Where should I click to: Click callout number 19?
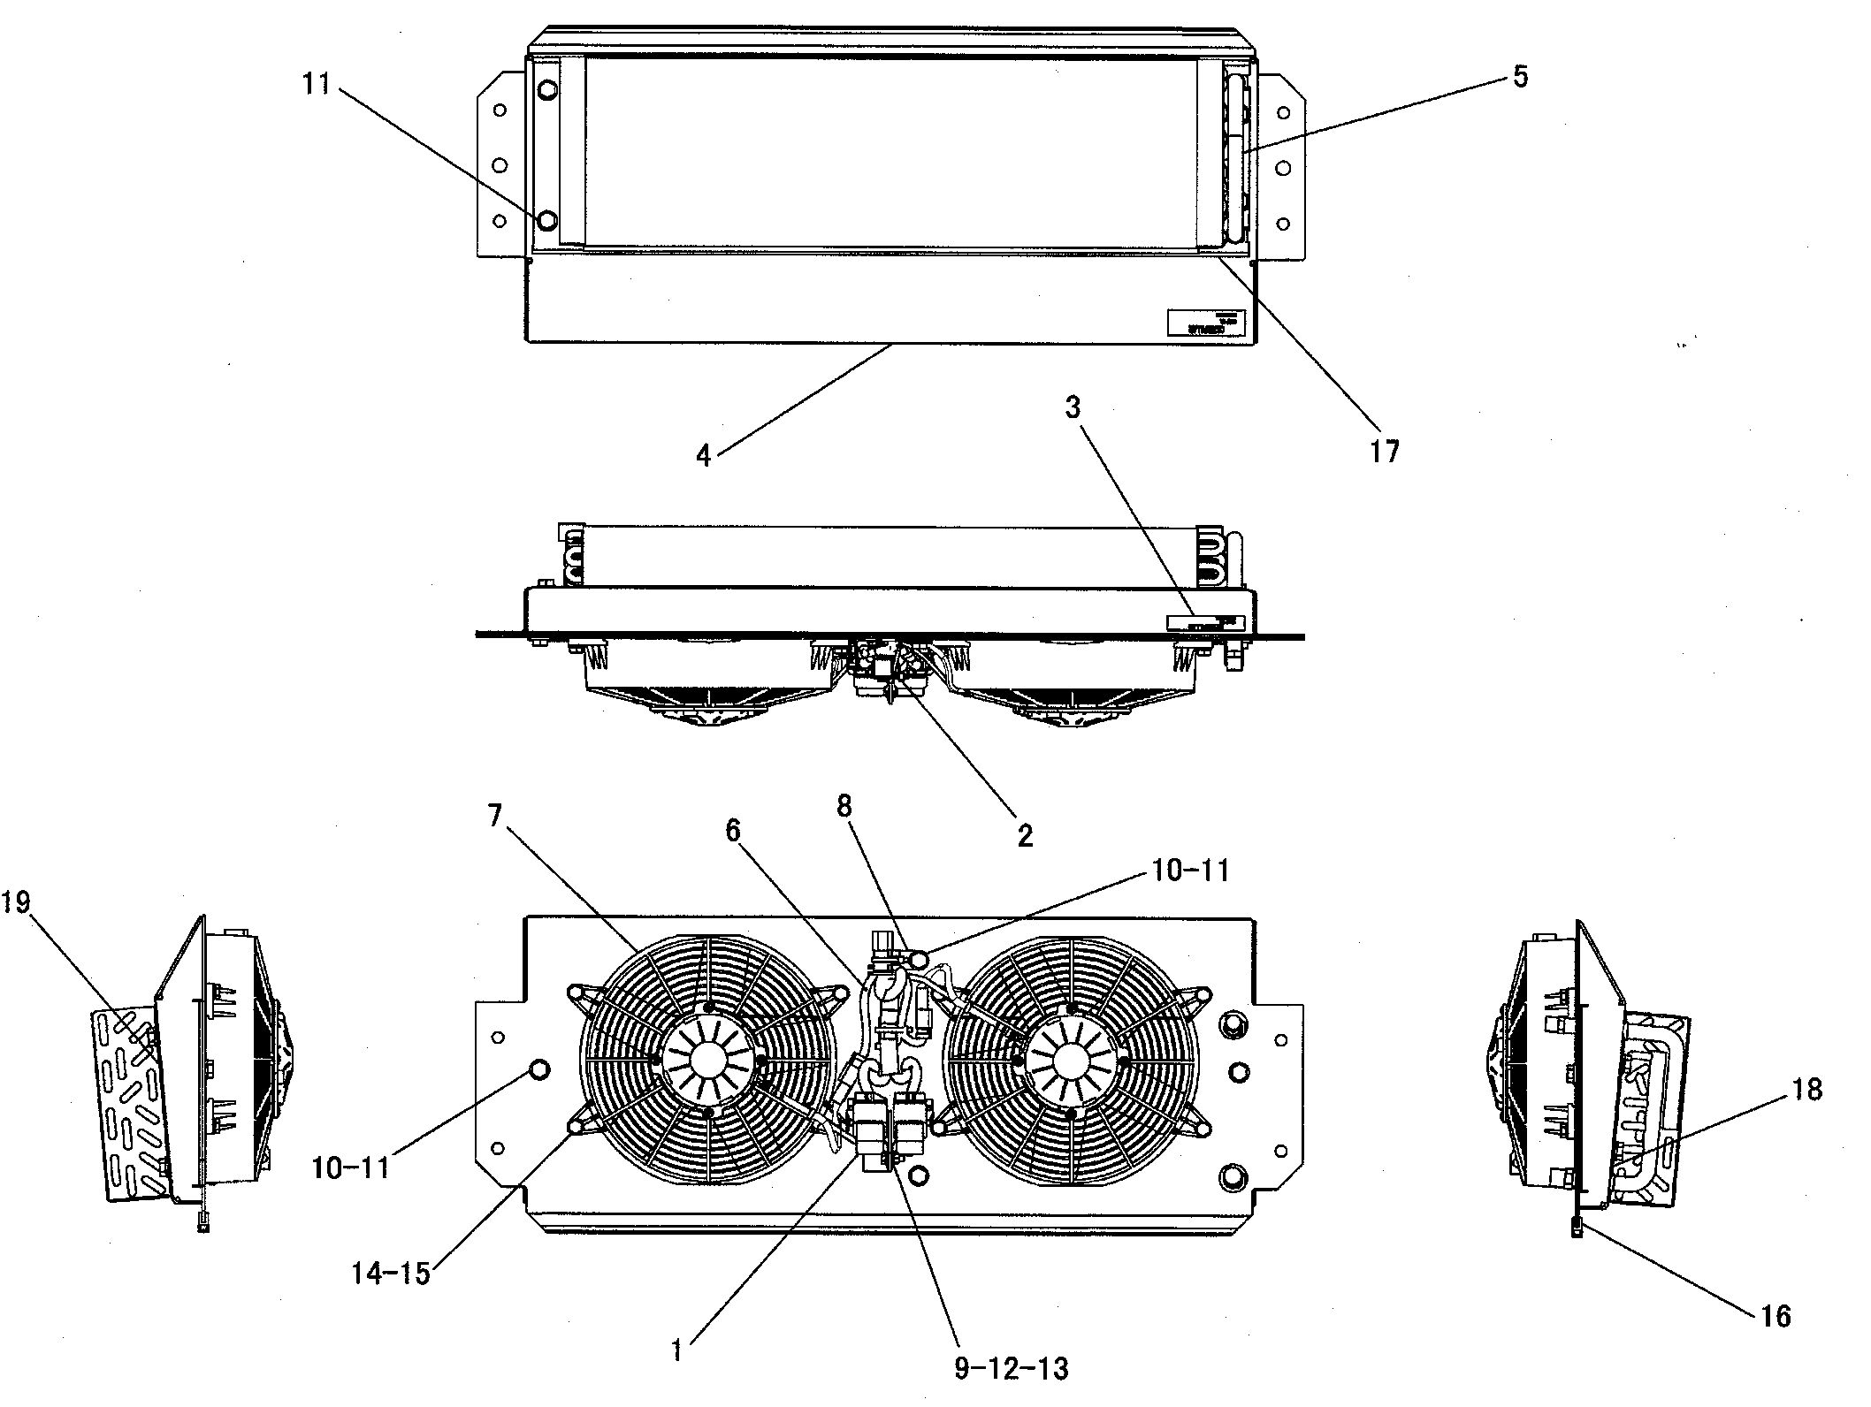[x=16, y=902]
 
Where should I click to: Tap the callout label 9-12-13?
[x=1012, y=1368]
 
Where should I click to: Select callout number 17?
[x=1385, y=452]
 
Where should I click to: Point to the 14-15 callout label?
[x=391, y=1274]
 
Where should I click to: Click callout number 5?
[x=1520, y=77]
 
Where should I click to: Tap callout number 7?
[x=494, y=816]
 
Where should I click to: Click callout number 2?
[x=1025, y=835]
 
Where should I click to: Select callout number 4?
[x=704, y=456]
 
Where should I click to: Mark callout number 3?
[x=1073, y=408]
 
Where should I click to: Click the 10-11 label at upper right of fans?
[x=1190, y=871]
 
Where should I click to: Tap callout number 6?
[x=733, y=831]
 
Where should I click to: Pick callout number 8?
[x=844, y=806]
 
